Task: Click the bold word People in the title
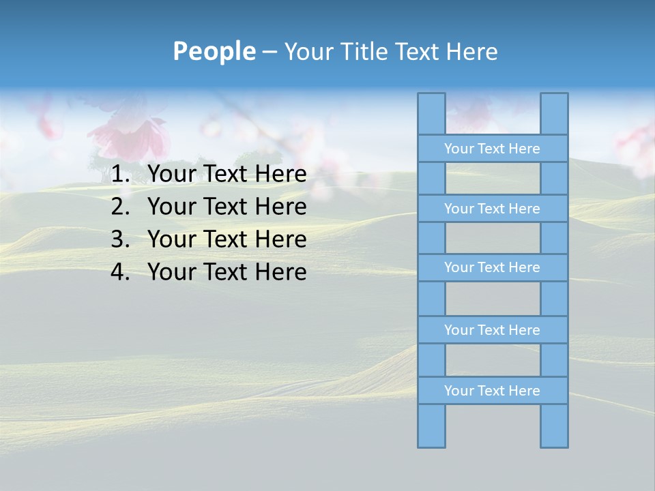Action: point(214,52)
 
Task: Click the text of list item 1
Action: point(227,175)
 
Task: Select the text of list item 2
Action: point(227,207)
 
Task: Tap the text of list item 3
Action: point(227,239)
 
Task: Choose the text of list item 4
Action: point(227,272)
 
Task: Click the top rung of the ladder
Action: point(492,149)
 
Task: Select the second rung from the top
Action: point(492,209)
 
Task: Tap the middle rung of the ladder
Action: point(492,268)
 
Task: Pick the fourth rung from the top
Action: point(492,330)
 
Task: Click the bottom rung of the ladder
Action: point(492,391)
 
